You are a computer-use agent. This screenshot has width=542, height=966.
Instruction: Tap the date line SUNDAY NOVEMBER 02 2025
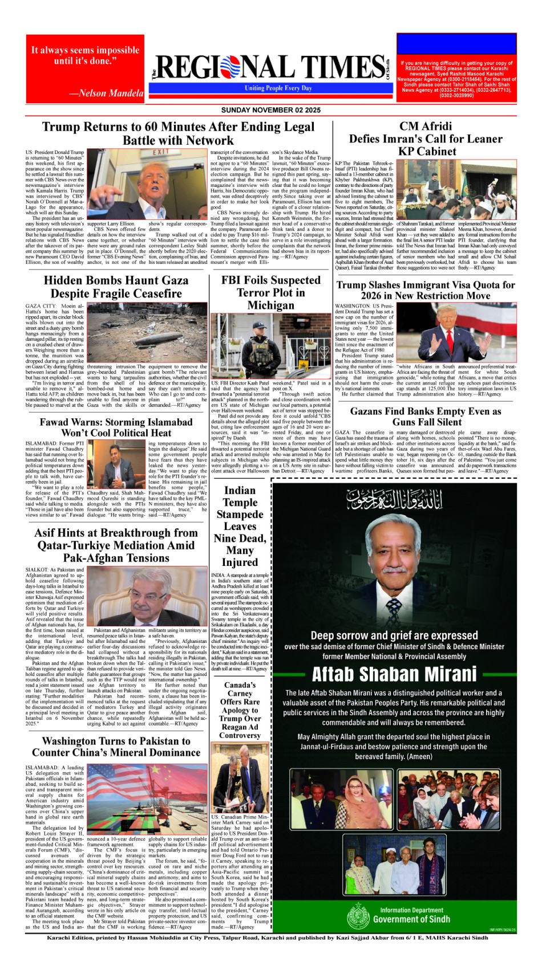pyautogui.click(x=270, y=110)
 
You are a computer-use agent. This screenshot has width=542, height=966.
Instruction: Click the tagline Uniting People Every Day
pyautogui.click(x=278, y=88)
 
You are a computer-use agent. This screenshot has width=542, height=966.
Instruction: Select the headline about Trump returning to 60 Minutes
pyautogui.click(x=178, y=133)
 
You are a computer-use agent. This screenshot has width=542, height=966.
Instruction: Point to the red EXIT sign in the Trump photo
pyautogui.click(x=161, y=152)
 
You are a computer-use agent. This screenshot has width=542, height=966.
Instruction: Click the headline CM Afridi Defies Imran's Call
pyautogui.click(x=426, y=138)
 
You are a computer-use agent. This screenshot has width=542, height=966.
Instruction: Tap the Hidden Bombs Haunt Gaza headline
pyautogui.click(x=116, y=287)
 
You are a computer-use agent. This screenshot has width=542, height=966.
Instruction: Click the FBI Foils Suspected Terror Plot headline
pyautogui.click(x=271, y=292)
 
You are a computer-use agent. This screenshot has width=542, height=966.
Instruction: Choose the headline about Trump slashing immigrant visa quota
pyautogui.click(x=426, y=290)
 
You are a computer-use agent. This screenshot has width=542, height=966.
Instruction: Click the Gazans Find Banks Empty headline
pyautogui.click(x=426, y=417)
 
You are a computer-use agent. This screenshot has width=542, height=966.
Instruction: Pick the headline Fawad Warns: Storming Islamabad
pyautogui.click(x=116, y=427)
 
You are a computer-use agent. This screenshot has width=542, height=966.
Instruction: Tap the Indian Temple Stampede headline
pyautogui.click(x=240, y=526)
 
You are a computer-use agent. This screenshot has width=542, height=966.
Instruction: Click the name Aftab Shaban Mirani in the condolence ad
pyautogui.click(x=394, y=674)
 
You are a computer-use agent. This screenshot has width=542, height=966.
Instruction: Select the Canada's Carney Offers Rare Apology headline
pyautogui.click(x=240, y=710)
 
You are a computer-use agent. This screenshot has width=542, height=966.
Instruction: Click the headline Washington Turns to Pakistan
pyautogui.click(x=116, y=747)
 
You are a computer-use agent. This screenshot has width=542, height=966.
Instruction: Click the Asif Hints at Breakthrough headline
pyautogui.click(x=116, y=545)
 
